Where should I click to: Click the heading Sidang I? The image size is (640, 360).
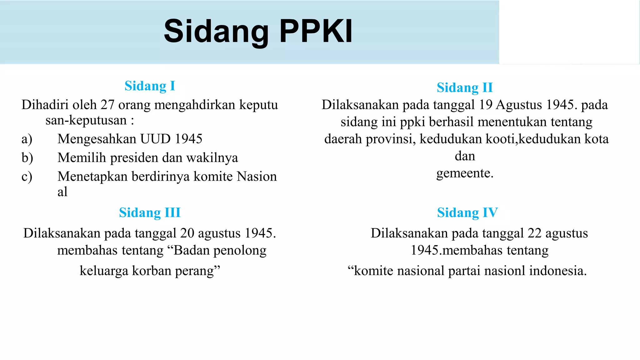click(x=150, y=86)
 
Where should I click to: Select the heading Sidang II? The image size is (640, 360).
click(x=465, y=87)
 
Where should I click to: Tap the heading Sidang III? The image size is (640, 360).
click(x=150, y=213)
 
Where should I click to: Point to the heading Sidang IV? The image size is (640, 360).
click(x=467, y=213)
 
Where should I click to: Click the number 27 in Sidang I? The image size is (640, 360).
click(x=107, y=105)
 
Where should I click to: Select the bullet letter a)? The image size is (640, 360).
click(x=27, y=139)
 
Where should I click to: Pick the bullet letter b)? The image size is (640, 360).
click(x=27, y=158)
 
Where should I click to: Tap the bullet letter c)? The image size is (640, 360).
click(x=27, y=177)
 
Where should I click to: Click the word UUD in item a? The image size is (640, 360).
click(x=155, y=139)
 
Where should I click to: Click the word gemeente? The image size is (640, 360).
click(x=464, y=173)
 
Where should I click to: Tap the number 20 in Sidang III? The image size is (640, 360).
click(x=187, y=233)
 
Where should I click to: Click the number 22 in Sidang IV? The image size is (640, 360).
click(x=534, y=233)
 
